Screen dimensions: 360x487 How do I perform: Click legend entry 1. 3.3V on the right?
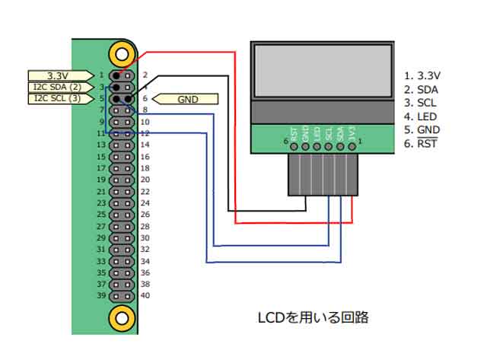pyautogui.click(x=422, y=75)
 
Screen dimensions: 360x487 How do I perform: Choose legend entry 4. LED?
pyautogui.click(x=420, y=116)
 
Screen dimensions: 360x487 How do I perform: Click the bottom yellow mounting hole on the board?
pyautogui.click(x=119, y=316)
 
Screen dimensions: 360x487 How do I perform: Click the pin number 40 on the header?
pyautogui.click(x=145, y=296)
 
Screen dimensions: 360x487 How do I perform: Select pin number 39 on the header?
pyautogui.click(x=100, y=296)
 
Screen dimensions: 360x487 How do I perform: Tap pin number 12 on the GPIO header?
pyautogui.click(x=145, y=133)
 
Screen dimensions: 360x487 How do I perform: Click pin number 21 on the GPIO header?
pyautogui.click(x=100, y=191)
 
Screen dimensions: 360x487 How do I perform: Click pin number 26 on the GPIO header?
pyautogui.click(x=145, y=215)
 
